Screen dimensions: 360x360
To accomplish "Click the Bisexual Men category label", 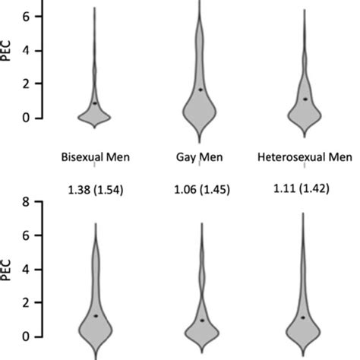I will click(x=95, y=158).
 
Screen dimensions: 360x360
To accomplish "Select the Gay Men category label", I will click(x=200, y=158).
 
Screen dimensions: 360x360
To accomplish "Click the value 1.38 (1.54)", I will click(x=95, y=189).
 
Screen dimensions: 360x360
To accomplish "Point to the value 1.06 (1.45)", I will click(x=200, y=189).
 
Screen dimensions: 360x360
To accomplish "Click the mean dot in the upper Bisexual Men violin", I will click(x=95, y=103).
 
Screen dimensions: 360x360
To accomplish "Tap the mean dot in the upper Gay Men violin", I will click(x=201, y=90).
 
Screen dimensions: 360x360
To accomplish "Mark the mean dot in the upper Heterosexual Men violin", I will click(x=305, y=99).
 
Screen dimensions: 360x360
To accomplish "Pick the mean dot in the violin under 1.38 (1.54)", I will click(x=96, y=315).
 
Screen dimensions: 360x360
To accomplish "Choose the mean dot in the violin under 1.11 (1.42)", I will click(x=304, y=317).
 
